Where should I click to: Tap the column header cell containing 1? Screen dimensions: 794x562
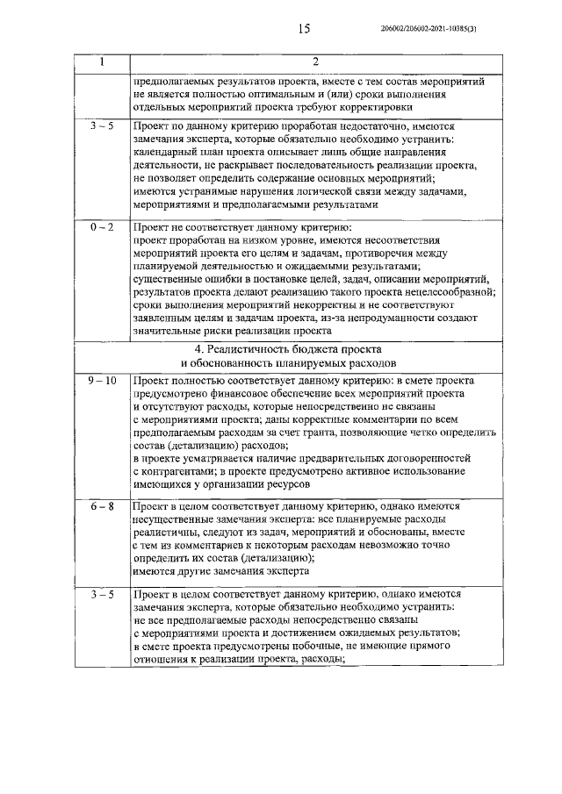[102, 61]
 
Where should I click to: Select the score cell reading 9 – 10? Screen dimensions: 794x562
[102, 381]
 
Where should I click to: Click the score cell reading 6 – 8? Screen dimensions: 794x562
[102, 507]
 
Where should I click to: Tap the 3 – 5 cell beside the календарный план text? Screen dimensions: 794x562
[102, 126]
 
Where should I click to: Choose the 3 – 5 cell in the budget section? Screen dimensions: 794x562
[102, 595]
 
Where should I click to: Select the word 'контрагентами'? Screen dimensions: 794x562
[177, 471]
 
